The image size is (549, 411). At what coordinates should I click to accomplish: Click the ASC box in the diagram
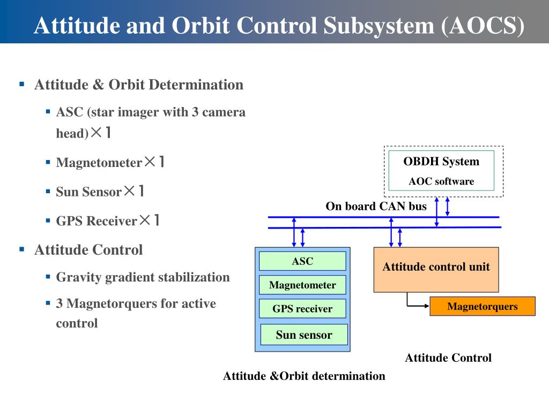[x=302, y=261]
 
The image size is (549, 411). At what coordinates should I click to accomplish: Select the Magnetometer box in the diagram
[x=302, y=285]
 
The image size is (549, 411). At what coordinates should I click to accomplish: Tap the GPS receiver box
[x=302, y=308]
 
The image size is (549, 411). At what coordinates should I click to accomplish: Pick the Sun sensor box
[x=304, y=334]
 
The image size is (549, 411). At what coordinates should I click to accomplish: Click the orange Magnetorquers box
[x=483, y=306]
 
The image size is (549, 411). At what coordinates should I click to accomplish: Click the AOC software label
[x=441, y=181]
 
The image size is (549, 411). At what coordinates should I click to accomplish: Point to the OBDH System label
[x=441, y=162]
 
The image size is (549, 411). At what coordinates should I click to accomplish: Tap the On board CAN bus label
[x=376, y=206]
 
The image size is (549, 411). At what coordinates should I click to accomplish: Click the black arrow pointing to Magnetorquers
[x=418, y=306]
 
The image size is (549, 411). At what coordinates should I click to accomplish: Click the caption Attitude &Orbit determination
[x=304, y=376]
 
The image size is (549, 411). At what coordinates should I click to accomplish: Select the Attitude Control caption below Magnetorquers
[x=448, y=357]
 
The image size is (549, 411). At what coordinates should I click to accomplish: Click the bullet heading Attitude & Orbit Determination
[x=138, y=85]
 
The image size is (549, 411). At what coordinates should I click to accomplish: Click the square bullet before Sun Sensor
[x=48, y=191]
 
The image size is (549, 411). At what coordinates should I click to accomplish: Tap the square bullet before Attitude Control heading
[x=22, y=249]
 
